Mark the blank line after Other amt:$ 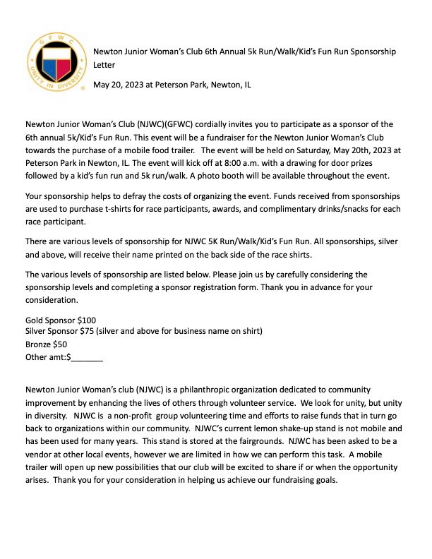[87, 358]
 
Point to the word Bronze [38, 344]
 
